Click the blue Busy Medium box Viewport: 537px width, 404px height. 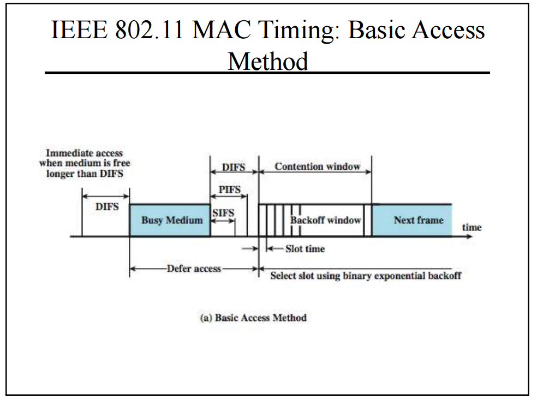coord(170,221)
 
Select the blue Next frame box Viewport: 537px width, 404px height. coord(412,221)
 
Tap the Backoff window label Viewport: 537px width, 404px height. coord(326,221)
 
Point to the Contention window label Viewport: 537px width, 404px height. coord(317,167)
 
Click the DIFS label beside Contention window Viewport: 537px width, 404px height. coord(234,167)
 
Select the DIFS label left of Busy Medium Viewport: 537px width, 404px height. coord(107,207)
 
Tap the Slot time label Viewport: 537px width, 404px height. coord(305,249)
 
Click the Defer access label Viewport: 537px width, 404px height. coord(194,269)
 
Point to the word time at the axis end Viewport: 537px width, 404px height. coord(472,227)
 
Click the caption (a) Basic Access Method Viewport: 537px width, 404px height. coord(254,317)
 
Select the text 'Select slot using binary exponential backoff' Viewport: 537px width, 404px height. coord(366,276)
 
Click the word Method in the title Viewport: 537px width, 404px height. coord(267,61)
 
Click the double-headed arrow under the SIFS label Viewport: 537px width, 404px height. coord(223,221)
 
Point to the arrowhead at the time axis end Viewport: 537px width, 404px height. coord(468,236)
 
